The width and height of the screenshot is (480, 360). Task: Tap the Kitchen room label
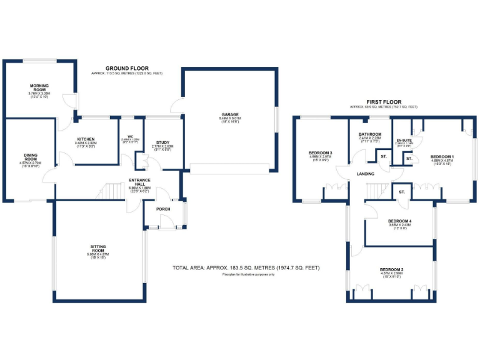(x=86, y=139)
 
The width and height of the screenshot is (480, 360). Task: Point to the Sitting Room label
(x=98, y=247)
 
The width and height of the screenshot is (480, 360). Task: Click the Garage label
(x=229, y=114)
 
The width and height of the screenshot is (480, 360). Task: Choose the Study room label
(x=162, y=143)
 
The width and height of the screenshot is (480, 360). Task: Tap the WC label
(x=131, y=136)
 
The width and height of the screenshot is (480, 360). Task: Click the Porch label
(x=163, y=209)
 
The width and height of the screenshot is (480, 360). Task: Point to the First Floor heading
(x=384, y=101)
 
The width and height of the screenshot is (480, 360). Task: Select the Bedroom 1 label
(x=442, y=156)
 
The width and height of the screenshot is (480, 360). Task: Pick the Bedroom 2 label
(x=392, y=269)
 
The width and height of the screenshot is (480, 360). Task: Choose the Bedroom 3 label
(x=320, y=153)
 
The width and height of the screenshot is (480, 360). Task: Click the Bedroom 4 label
(x=399, y=221)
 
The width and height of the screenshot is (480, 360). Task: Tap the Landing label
(x=366, y=174)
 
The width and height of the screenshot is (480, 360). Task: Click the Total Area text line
(x=246, y=267)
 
